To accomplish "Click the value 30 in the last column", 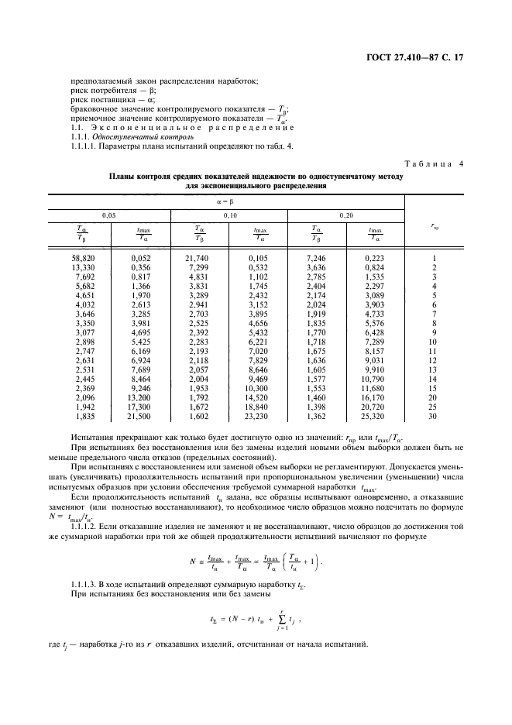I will [433, 416].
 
